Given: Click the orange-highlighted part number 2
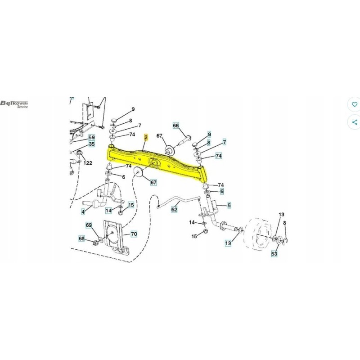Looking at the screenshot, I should (x=146, y=136).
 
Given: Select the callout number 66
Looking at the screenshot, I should (x=176, y=126).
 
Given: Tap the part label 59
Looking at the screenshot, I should (x=91, y=137).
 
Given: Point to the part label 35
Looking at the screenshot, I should (x=91, y=144).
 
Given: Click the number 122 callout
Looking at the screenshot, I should (x=87, y=163).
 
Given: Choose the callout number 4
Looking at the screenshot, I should (x=83, y=211).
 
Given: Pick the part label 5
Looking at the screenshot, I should (x=229, y=206).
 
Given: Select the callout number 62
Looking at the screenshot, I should (x=175, y=209).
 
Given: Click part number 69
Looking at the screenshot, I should (x=89, y=225).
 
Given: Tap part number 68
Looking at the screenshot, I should (x=81, y=238).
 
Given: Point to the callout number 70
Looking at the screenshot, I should (x=134, y=234).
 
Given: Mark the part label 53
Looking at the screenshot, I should (x=274, y=254).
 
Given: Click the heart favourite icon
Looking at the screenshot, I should (x=355, y=104).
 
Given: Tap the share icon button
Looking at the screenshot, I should (x=355, y=122).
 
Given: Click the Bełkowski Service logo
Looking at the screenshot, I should (x=15, y=104).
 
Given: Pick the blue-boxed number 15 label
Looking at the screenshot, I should (x=131, y=205).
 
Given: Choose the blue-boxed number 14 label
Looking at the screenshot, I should (x=108, y=210).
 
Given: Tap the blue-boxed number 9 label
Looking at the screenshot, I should (x=209, y=134).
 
